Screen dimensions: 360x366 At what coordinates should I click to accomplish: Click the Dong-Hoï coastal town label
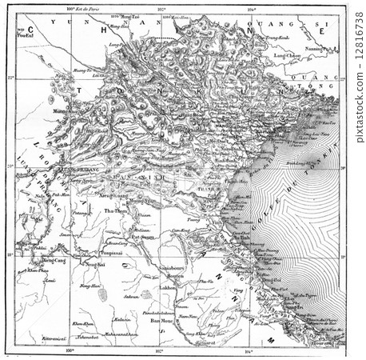[x=267, y=280]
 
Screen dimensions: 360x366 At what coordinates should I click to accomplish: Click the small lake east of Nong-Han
[x=101, y=295]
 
